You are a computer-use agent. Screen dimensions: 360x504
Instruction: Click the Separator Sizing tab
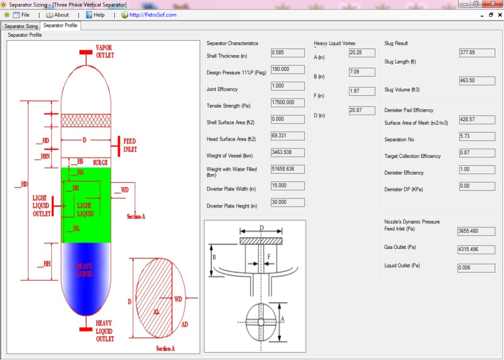(x=21, y=26)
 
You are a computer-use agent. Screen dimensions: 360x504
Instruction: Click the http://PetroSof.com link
(x=153, y=15)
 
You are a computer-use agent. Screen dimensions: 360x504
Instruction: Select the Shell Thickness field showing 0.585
(x=287, y=53)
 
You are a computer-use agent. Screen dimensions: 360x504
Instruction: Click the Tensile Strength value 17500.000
(x=287, y=102)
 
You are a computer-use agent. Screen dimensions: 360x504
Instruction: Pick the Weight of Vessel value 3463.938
(x=287, y=152)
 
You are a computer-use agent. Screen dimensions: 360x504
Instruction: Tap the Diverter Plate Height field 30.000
(x=287, y=202)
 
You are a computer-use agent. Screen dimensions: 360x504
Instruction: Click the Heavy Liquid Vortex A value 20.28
(x=362, y=53)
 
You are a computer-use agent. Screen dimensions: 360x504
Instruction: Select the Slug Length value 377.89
(x=476, y=53)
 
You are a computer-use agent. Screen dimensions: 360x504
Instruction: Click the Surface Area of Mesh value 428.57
(x=476, y=120)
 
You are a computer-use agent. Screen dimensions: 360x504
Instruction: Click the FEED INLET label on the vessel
(x=130, y=145)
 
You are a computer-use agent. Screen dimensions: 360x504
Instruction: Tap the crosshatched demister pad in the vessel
(x=86, y=120)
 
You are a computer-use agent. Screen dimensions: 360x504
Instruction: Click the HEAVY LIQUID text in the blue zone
(x=85, y=270)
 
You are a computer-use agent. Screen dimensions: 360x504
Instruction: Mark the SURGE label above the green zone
(x=99, y=162)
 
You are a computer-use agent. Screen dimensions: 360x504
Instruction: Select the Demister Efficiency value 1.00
(x=476, y=170)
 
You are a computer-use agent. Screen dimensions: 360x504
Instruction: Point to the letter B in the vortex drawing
(x=214, y=256)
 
